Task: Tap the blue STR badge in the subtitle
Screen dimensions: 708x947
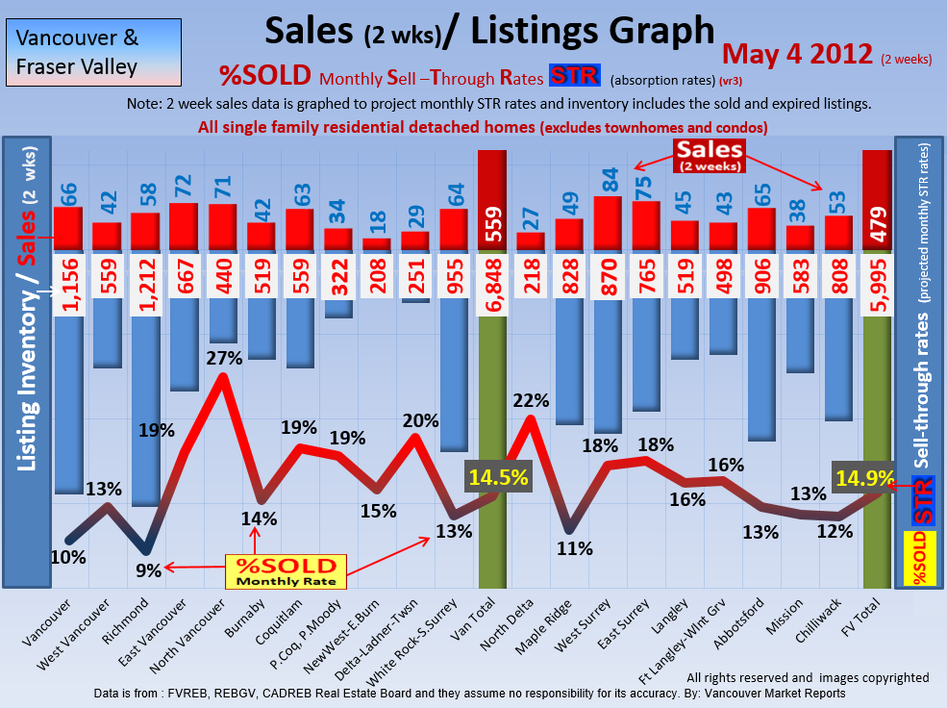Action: click(575, 76)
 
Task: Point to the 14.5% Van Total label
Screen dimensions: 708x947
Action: click(497, 477)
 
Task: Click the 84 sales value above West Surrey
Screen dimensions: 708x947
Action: click(609, 181)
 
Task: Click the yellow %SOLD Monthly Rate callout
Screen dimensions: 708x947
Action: click(287, 570)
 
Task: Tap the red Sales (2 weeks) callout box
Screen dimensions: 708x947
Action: click(709, 153)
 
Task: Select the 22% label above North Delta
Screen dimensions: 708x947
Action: click(530, 399)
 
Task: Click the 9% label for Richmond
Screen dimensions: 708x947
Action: click(148, 569)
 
